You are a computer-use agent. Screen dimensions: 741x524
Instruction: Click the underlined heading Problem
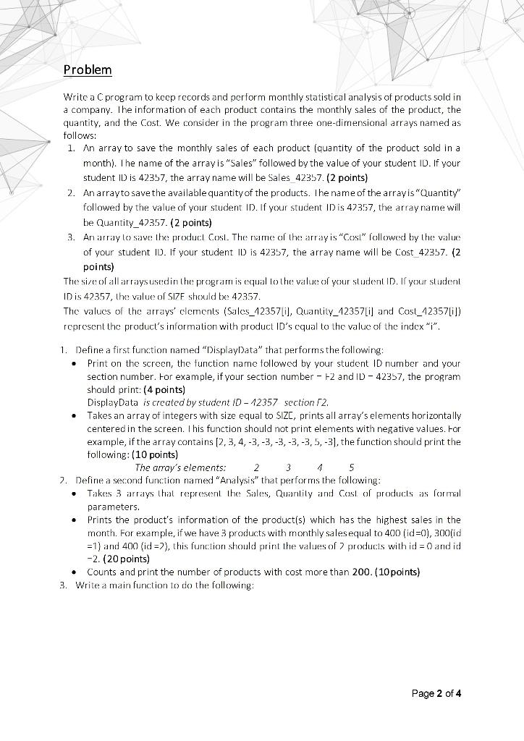pyautogui.click(x=88, y=69)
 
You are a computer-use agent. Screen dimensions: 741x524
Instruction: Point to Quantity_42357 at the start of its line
pyautogui.click(x=114, y=223)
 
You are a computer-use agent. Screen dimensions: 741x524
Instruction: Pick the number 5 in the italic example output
pyautogui.click(x=352, y=467)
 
